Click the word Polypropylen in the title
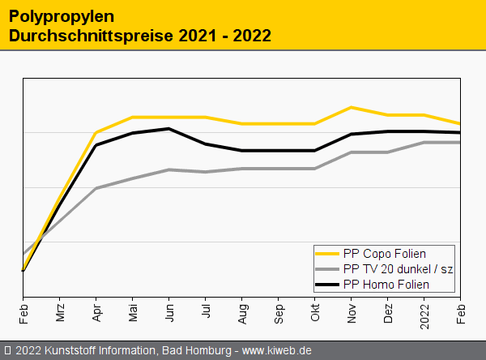(49, 16)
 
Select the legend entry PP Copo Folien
(384, 254)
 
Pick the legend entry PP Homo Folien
(386, 285)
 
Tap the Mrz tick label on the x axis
(60, 311)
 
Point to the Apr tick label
(96, 311)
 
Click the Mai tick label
(133, 311)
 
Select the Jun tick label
(169, 311)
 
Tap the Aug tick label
(242, 311)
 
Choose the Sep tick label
(279, 311)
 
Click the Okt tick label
(315, 311)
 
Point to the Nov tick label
(352, 311)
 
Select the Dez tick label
(388, 311)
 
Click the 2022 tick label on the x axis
(424, 313)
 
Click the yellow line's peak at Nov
(351, 107)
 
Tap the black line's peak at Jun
(168, 129)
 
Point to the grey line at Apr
(96, 188)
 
